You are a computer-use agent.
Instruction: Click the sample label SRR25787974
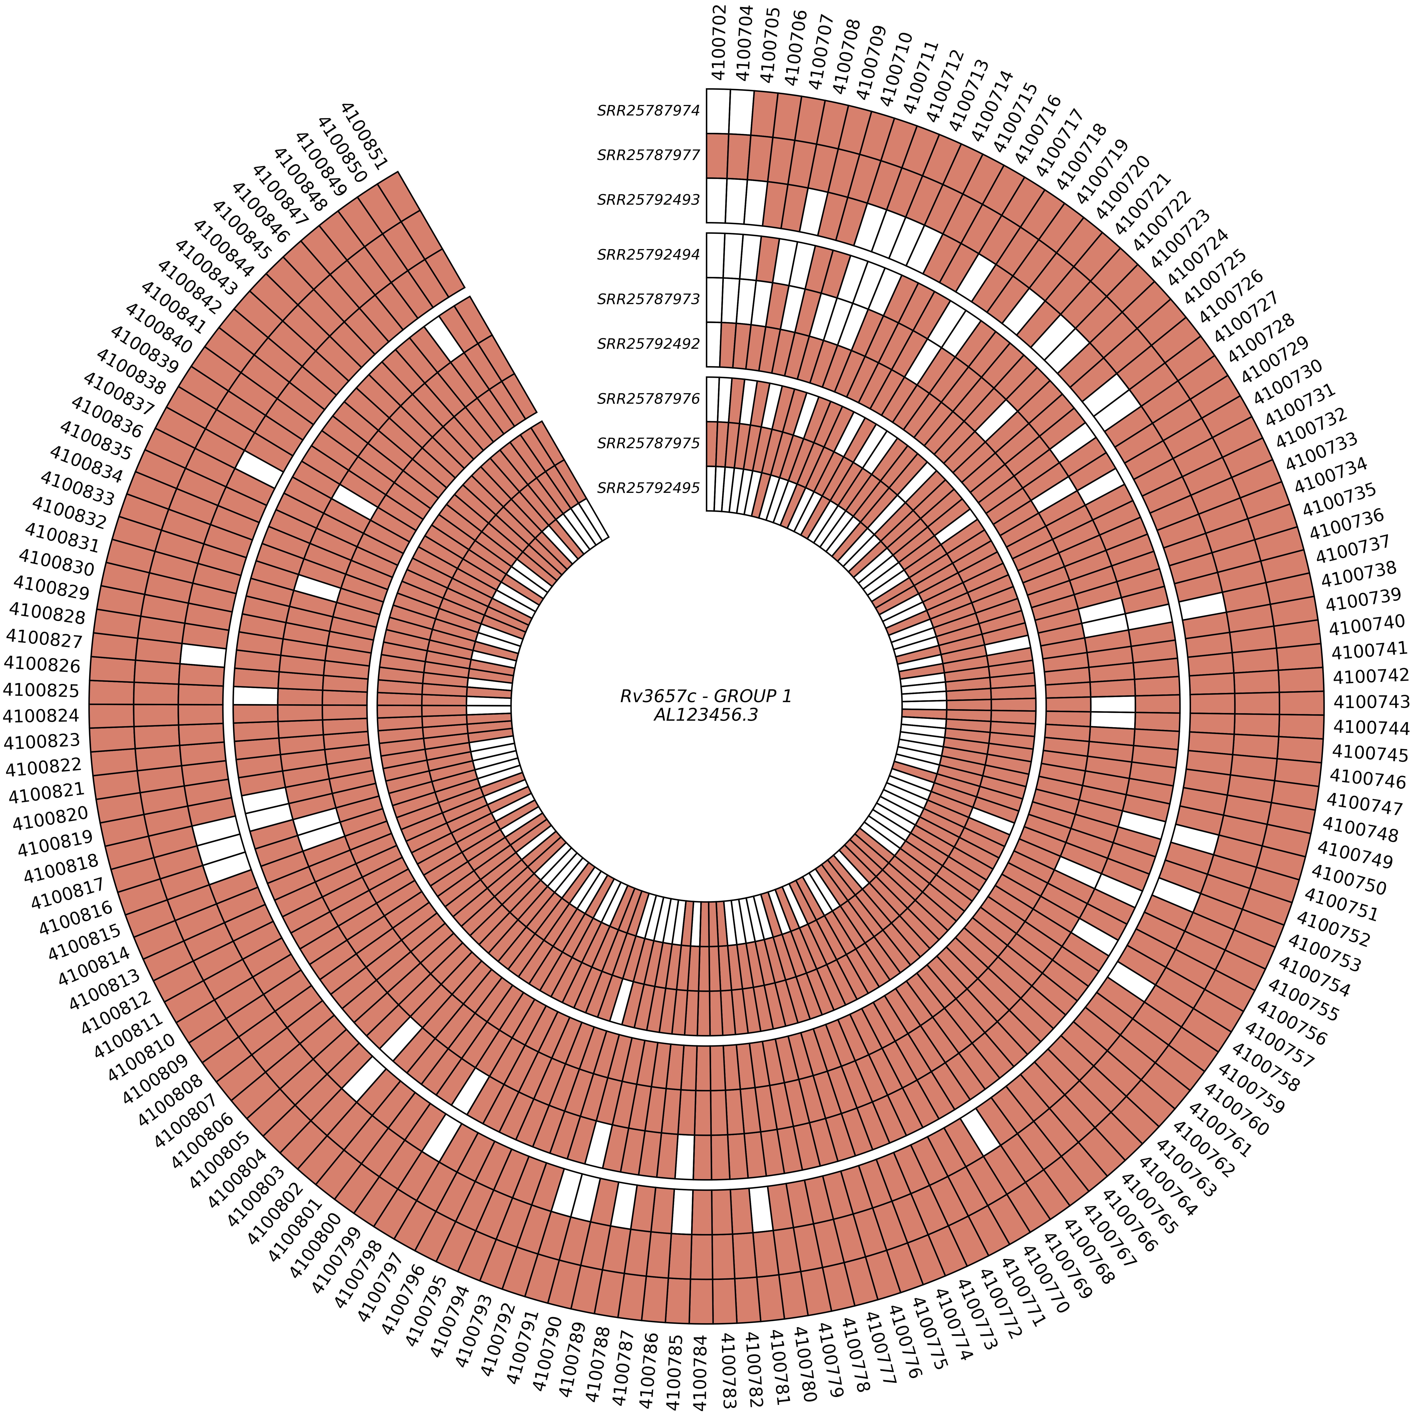(x=649, y=111)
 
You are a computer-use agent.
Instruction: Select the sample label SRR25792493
(x=649, y=200)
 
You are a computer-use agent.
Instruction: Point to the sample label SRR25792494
(x=649, y=255)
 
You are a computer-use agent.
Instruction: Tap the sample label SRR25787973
(x=649, y=299)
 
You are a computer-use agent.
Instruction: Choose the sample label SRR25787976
(x=649, y=399)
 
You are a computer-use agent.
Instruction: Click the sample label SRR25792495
(x=649, y=488)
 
